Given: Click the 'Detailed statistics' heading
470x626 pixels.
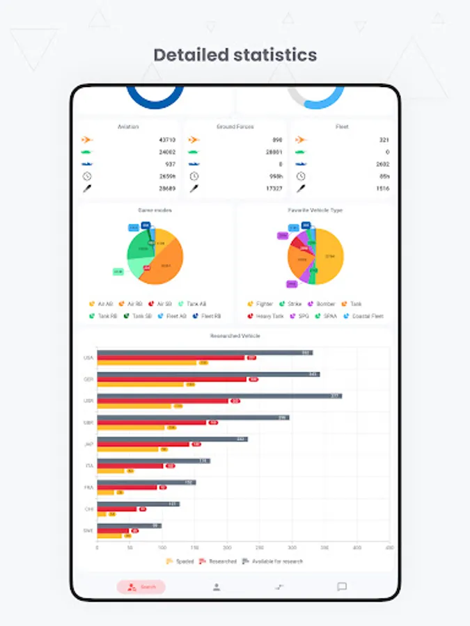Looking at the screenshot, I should [x=235, y=55].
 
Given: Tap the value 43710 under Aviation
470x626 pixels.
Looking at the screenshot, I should [x=167, y=140].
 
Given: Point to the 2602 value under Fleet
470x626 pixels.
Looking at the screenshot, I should [x=382, y=164].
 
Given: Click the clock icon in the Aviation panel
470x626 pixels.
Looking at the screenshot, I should [x=86, y=176].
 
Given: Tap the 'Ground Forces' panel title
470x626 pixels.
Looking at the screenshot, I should [x=235, y=127].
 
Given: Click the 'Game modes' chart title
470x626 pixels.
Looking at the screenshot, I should [x=155, y=210].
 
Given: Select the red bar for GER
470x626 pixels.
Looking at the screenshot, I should [x=171, y=379].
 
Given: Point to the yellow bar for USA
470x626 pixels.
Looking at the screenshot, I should [x=147, y=362].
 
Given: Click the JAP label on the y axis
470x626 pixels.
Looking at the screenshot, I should [x=88, y=444].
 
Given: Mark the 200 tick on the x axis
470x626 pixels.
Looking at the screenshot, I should [x=227, y=548].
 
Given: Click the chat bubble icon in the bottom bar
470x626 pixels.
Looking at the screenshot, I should [x=342, y=587].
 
